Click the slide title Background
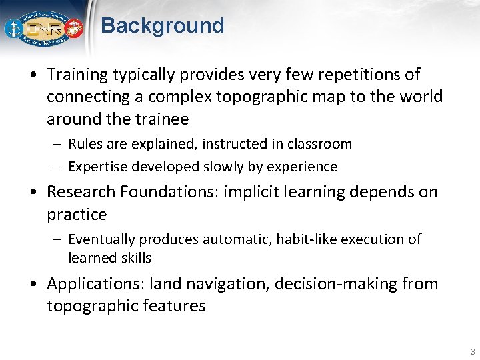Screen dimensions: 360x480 tap(162, 26)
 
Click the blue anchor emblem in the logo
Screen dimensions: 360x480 tap(13, 29)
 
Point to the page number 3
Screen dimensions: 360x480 tap(472, 351)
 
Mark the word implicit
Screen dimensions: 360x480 tap(249, 192)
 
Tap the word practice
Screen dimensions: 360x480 tap(77, 215)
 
